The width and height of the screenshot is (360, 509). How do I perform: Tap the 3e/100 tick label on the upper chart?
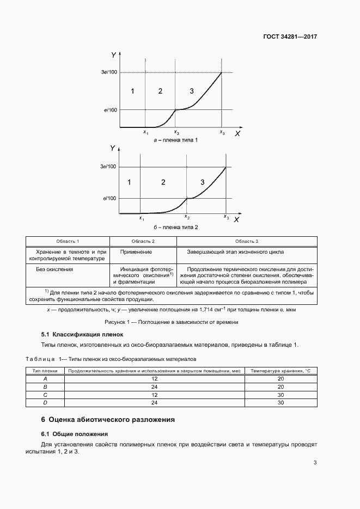click(109, 72)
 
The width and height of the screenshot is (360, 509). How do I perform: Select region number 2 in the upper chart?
click(160, 91)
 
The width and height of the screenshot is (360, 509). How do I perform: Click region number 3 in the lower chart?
click(203, 182)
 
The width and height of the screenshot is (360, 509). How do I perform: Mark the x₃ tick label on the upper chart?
click(222, 132)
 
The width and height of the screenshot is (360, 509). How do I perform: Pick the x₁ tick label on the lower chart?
click(142, 218)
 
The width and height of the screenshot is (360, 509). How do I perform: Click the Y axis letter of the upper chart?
click(113, 55)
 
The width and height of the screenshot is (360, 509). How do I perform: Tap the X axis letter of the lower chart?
click(236, 219)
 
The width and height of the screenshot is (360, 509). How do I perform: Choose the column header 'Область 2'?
click(143, 241)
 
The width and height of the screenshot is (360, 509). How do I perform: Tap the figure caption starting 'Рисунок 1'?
click(172, 322)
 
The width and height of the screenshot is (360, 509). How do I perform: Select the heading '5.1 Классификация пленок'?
click(82, 334)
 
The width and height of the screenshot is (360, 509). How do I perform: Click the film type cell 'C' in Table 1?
click(45, 395)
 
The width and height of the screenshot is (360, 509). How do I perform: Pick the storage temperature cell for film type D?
click(280, 403)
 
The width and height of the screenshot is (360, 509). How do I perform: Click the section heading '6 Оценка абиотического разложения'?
click(108, 420)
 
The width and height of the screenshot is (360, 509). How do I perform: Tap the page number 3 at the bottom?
click(315, 463)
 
